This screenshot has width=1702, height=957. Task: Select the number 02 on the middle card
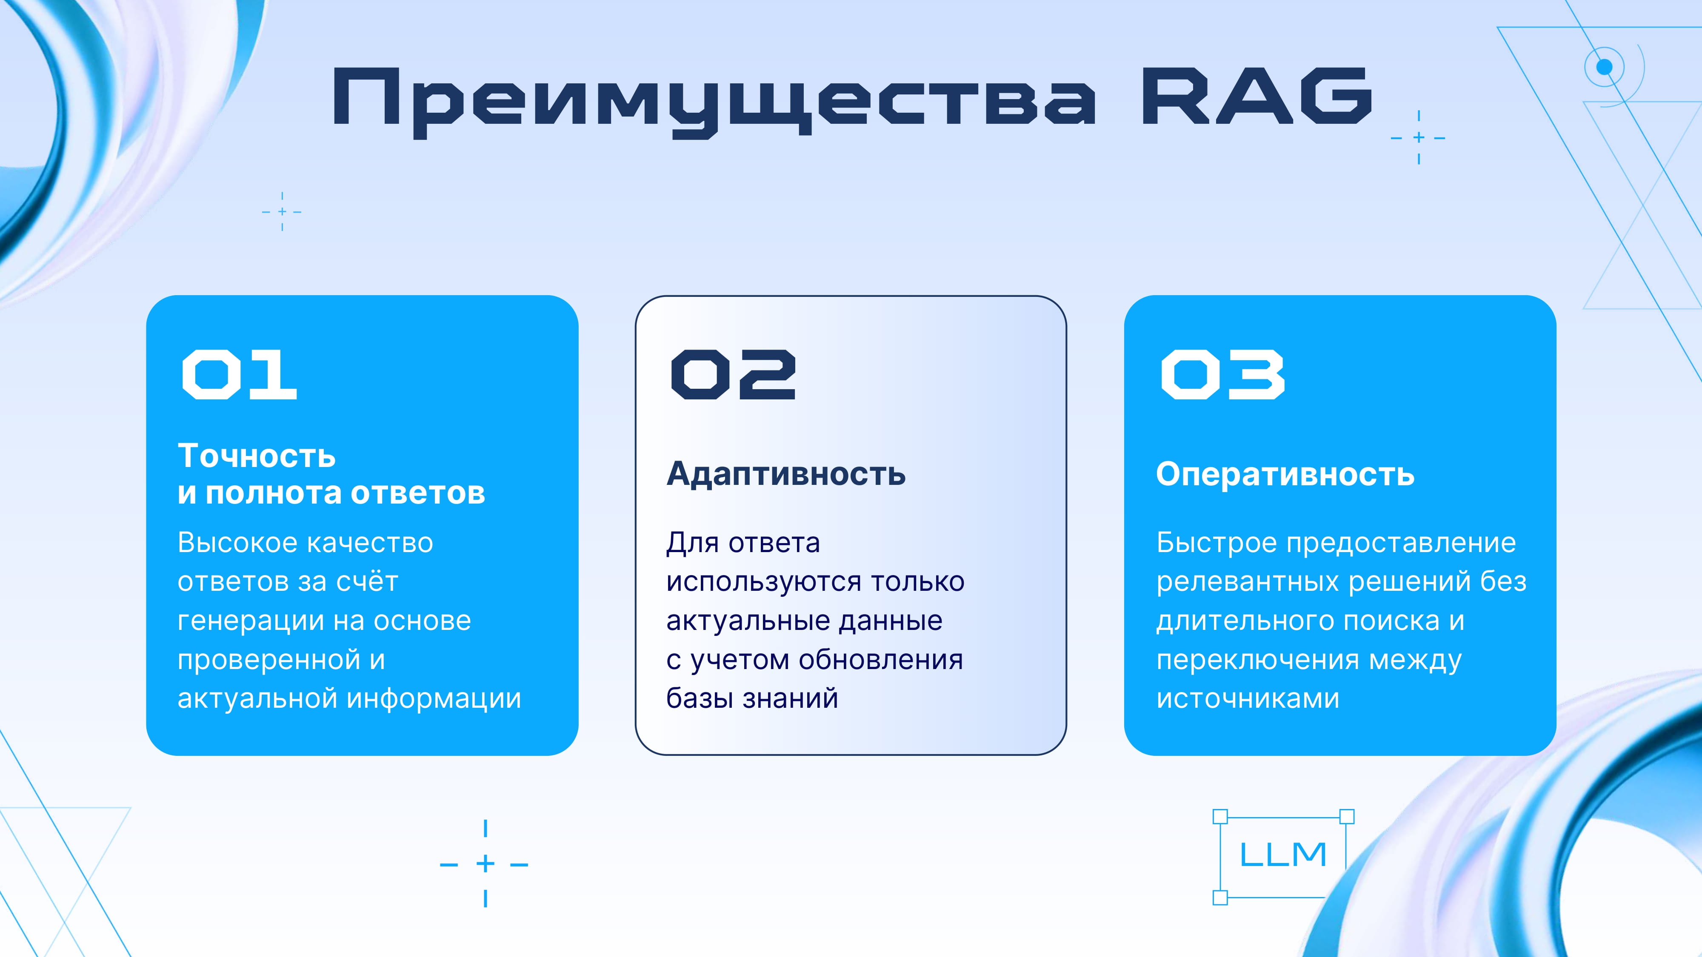(734, 374)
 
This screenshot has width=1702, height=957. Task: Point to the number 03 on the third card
(1223, 374)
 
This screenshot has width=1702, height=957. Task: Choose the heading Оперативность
(1285, 474)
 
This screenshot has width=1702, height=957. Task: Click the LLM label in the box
(1282, 854)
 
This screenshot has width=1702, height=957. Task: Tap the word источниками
(1248, 699)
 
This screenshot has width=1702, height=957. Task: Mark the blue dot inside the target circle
(1604, 67)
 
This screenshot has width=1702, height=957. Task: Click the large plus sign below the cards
(485, 864)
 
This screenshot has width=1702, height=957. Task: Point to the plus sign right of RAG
(1419, 137)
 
